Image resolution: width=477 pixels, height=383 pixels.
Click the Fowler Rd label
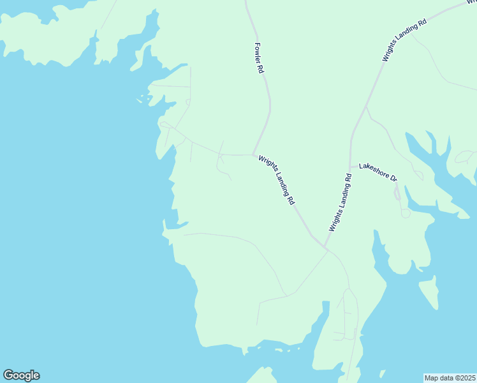coord(259,58)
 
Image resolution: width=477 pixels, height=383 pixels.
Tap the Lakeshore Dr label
coord(378,172)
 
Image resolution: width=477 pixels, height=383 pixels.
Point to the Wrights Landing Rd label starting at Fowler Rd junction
coord(277,179)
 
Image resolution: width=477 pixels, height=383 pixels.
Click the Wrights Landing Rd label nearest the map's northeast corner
coord(404,40)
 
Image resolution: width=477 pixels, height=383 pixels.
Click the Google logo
coord(21,375)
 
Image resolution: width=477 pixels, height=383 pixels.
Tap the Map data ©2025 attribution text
coord(450,378)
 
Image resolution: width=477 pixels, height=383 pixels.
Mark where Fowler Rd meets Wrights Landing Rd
coord(253,154)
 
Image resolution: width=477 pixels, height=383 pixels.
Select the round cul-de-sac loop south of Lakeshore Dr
coord(406,213)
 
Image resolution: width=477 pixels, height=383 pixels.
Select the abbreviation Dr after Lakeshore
coord(393,178)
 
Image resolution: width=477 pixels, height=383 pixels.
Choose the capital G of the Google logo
coord(8,375)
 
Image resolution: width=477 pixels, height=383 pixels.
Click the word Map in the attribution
coord(432,378)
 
